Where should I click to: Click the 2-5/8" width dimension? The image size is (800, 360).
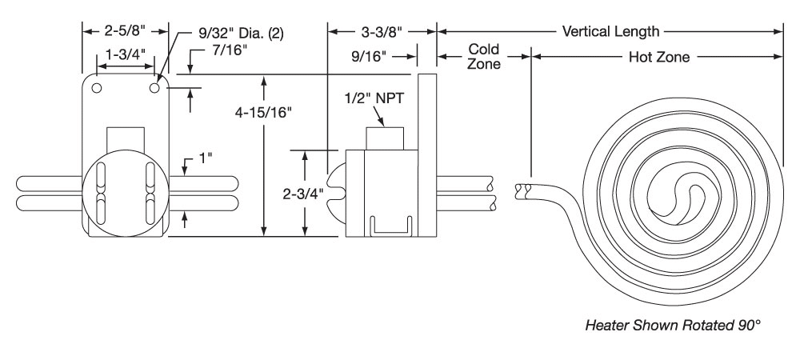[x=126, y=32]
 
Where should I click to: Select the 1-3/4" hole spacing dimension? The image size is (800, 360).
[x=126, y=54]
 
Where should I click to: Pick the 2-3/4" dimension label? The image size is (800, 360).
[x=303, y=192]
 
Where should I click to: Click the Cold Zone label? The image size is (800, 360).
[x=484, y=57]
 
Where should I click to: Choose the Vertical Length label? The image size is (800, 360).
[x=611, y=32]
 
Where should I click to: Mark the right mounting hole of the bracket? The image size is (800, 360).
[x=155, y=86]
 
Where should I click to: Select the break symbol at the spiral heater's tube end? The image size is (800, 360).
[x=523, y=190]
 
